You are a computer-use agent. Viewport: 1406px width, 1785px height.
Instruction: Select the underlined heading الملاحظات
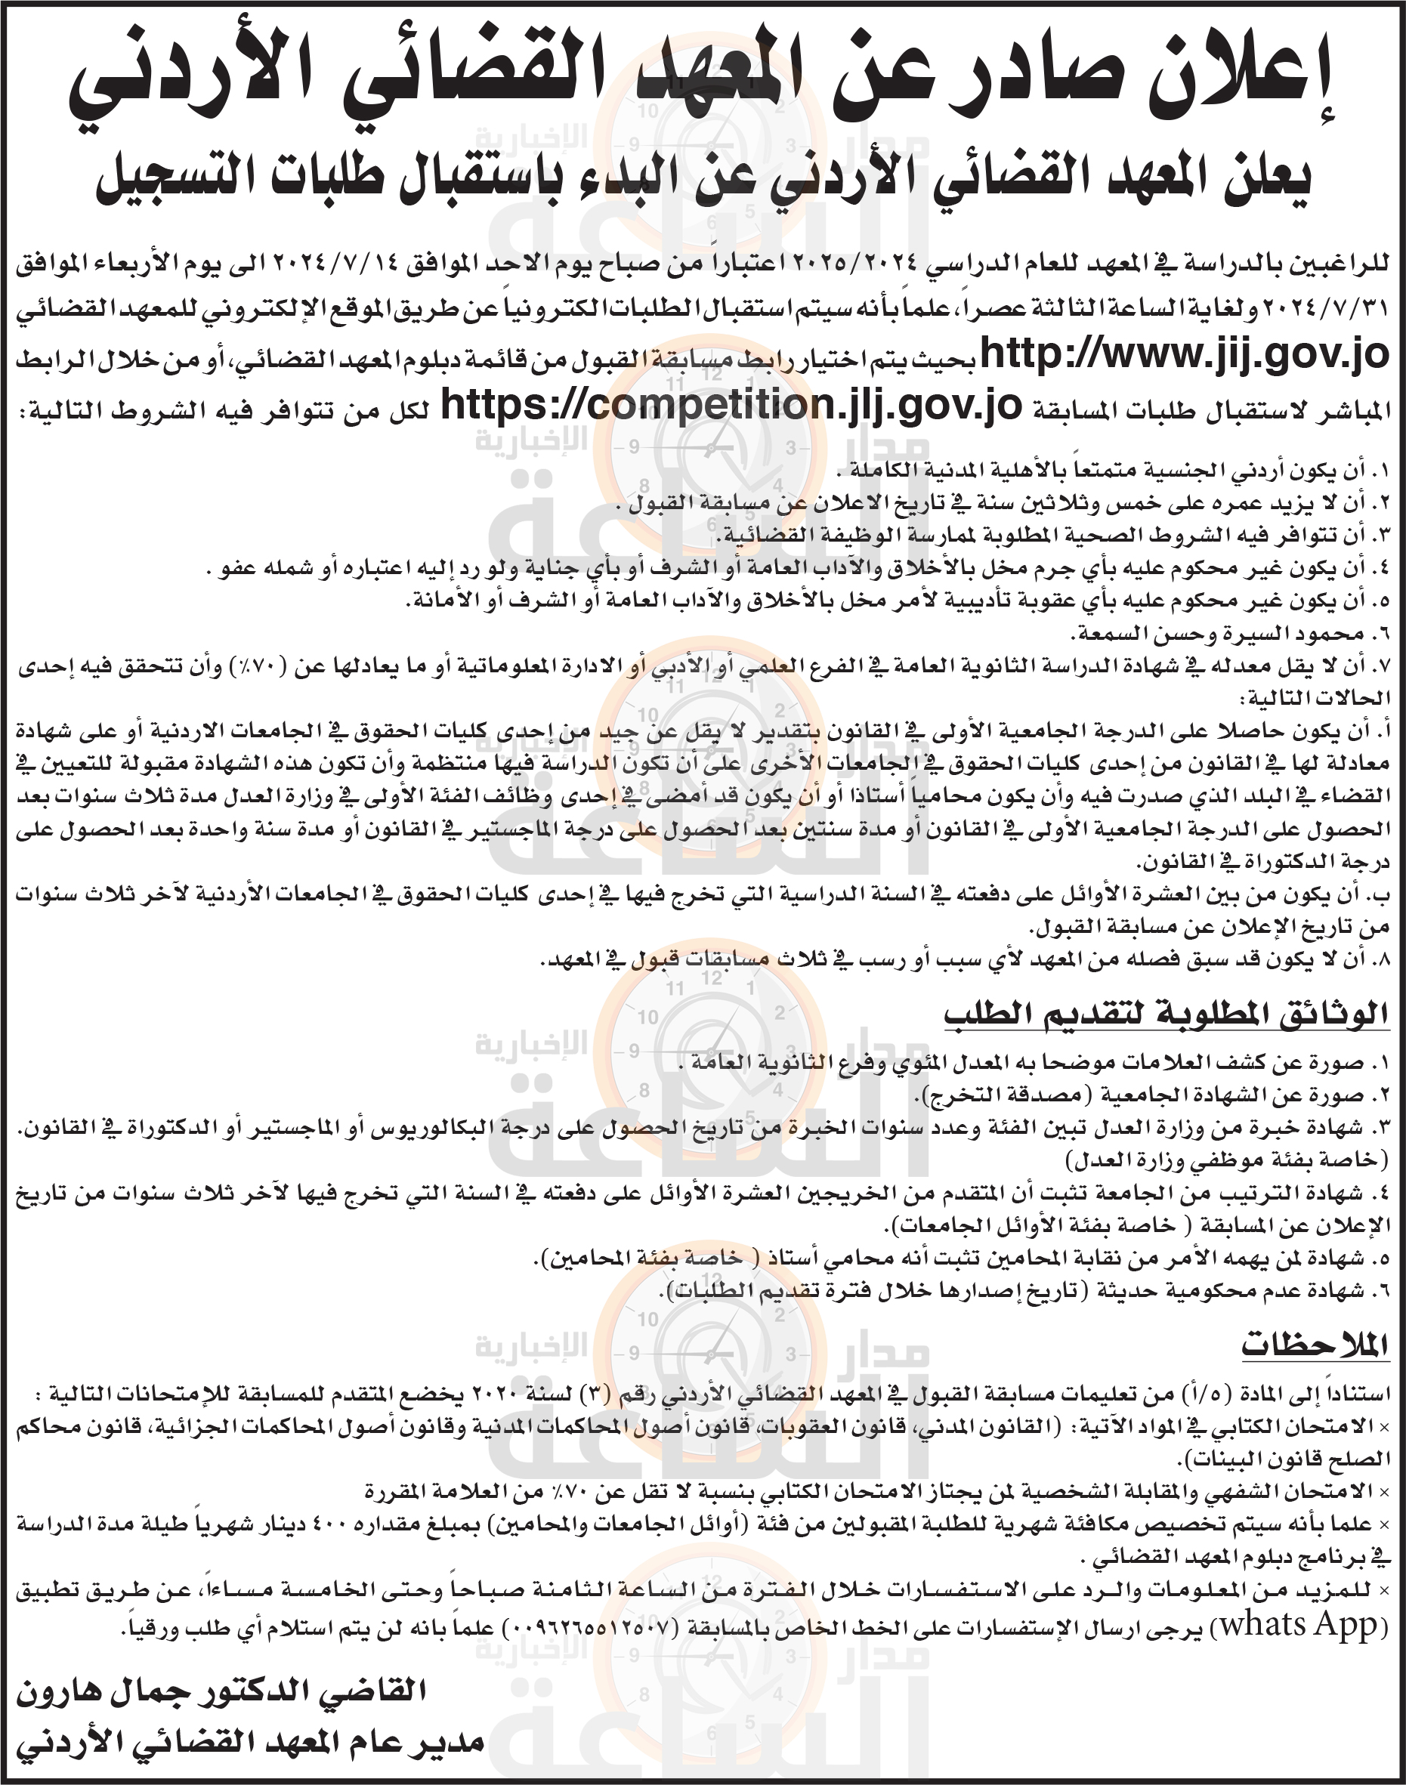[1315, 1345]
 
